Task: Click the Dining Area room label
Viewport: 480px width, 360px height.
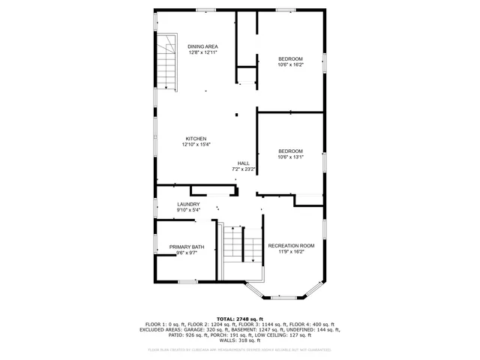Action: (202, 46)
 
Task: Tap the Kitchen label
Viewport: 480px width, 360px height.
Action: (196, 139)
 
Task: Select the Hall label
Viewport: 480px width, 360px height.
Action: (244, 163)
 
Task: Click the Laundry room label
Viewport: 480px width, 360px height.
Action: (188, 204)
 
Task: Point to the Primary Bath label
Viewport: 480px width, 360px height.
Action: (187, 247)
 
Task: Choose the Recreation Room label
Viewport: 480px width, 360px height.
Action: (291, 246)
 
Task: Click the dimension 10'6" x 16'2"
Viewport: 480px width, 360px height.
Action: (291, 65)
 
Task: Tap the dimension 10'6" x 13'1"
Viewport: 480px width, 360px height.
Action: (291, 157)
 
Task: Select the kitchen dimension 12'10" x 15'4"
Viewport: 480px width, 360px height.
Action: (196, 145)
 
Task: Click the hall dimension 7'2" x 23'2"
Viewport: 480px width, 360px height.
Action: (244, 169)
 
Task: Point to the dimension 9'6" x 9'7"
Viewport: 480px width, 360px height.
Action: (187, 253)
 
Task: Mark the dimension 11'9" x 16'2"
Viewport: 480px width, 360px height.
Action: (291, 252)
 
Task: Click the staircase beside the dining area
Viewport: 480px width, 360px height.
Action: (167, 64)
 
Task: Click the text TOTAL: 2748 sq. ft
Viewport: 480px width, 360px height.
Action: (240, 319)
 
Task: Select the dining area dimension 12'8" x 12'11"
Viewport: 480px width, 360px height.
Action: (202, 52)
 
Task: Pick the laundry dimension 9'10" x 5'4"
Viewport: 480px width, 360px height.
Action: (188, 210)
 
